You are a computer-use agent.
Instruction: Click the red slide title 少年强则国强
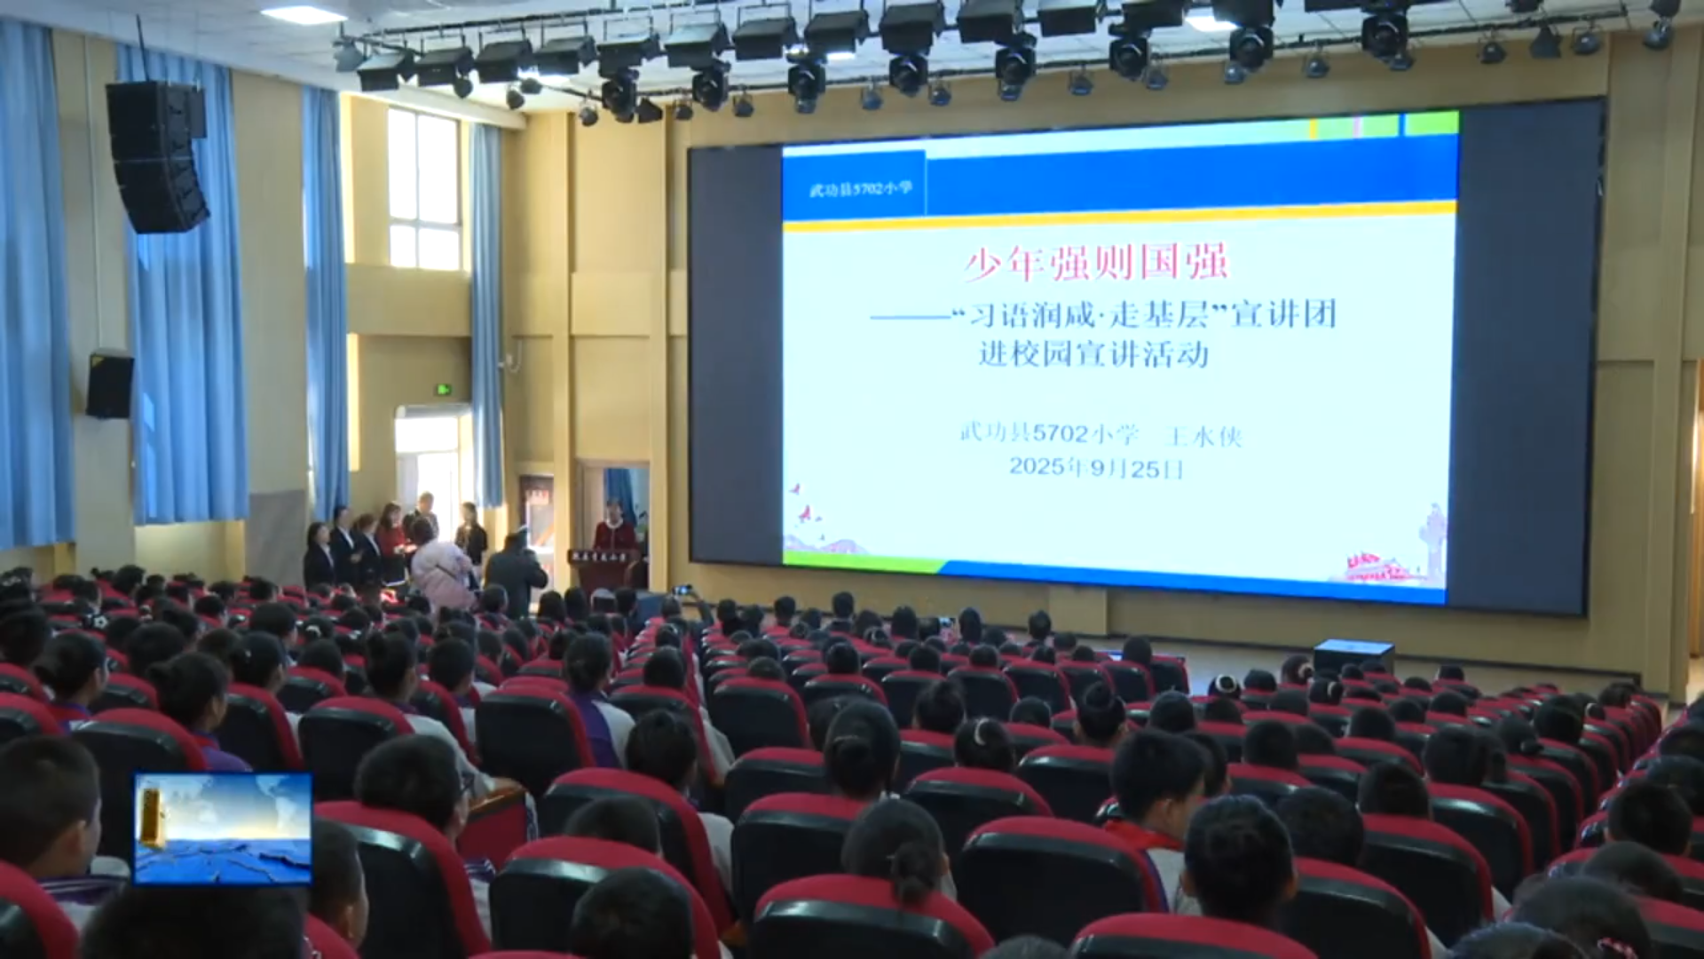[x=1096, y=264]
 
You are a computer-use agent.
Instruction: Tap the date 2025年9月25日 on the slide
[x=1096, y=468]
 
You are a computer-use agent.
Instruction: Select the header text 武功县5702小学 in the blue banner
[x=860, y=188]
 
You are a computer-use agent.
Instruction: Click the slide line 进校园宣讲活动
[x=1093, y=354]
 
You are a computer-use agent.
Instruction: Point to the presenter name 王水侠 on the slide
[x=1203, y=435]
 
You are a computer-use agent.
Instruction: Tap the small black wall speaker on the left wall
[x=110, y=385]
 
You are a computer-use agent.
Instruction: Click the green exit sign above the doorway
[x=442, y=390]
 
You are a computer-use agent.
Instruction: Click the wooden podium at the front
[x=603, y=568]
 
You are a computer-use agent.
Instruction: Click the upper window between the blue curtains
[x=424, y=188]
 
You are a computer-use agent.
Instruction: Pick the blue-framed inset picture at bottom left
[x=223, y=828]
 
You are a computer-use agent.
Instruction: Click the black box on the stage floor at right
[x=1353, y=657]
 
